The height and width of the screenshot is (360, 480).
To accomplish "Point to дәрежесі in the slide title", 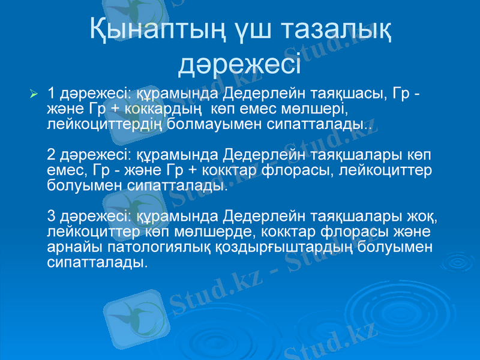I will tap(240, 62).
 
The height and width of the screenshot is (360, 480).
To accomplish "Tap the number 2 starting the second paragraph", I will tap(52, 156).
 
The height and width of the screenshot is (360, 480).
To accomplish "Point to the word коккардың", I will tap(161, 109).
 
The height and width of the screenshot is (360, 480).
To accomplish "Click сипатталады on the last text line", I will tap(96, 263).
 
